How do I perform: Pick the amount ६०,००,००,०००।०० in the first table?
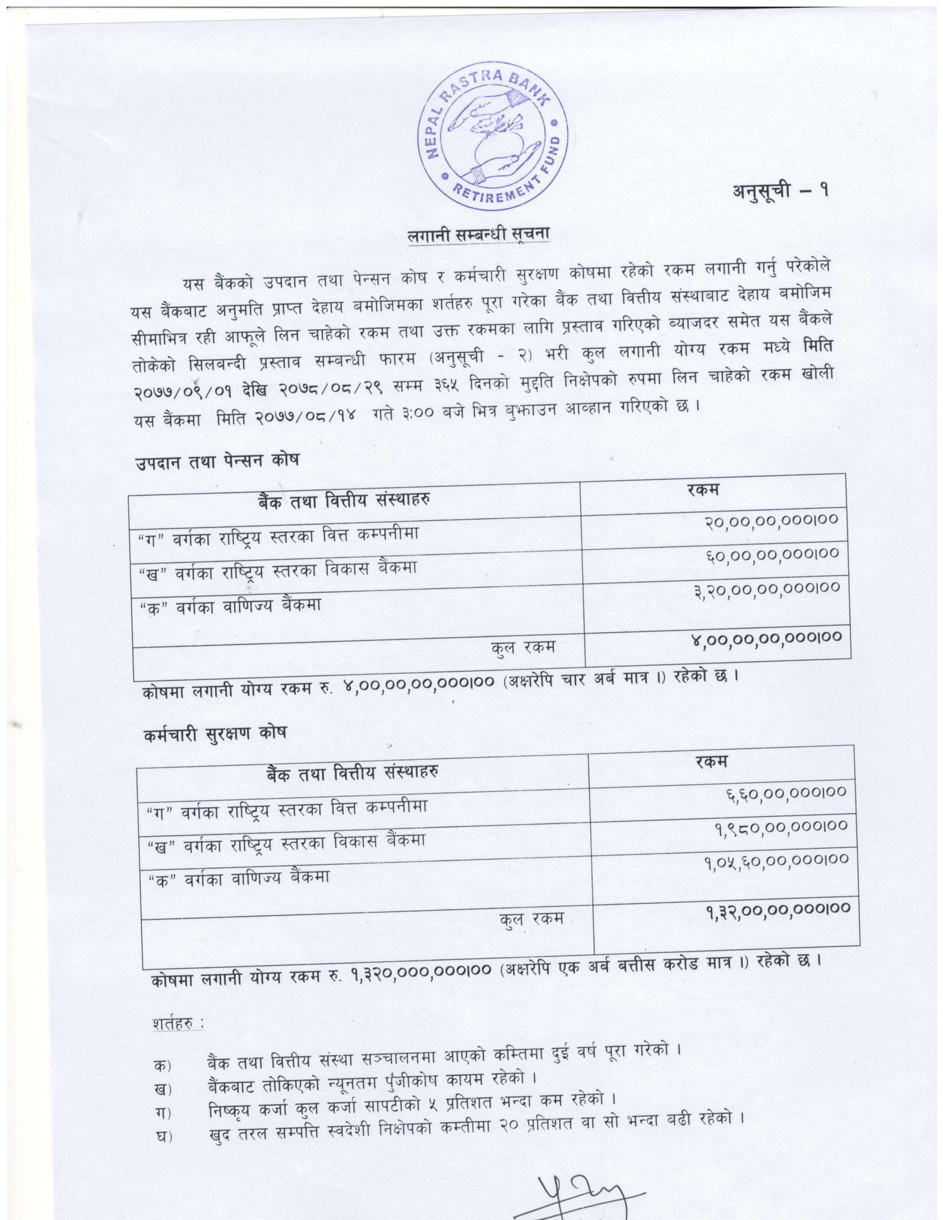[773, 555]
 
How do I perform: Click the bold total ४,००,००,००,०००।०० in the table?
[766, 637]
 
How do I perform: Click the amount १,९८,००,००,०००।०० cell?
[782, 827]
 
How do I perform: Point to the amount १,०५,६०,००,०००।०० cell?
[777, 861]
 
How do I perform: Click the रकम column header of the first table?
[703, 490]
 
